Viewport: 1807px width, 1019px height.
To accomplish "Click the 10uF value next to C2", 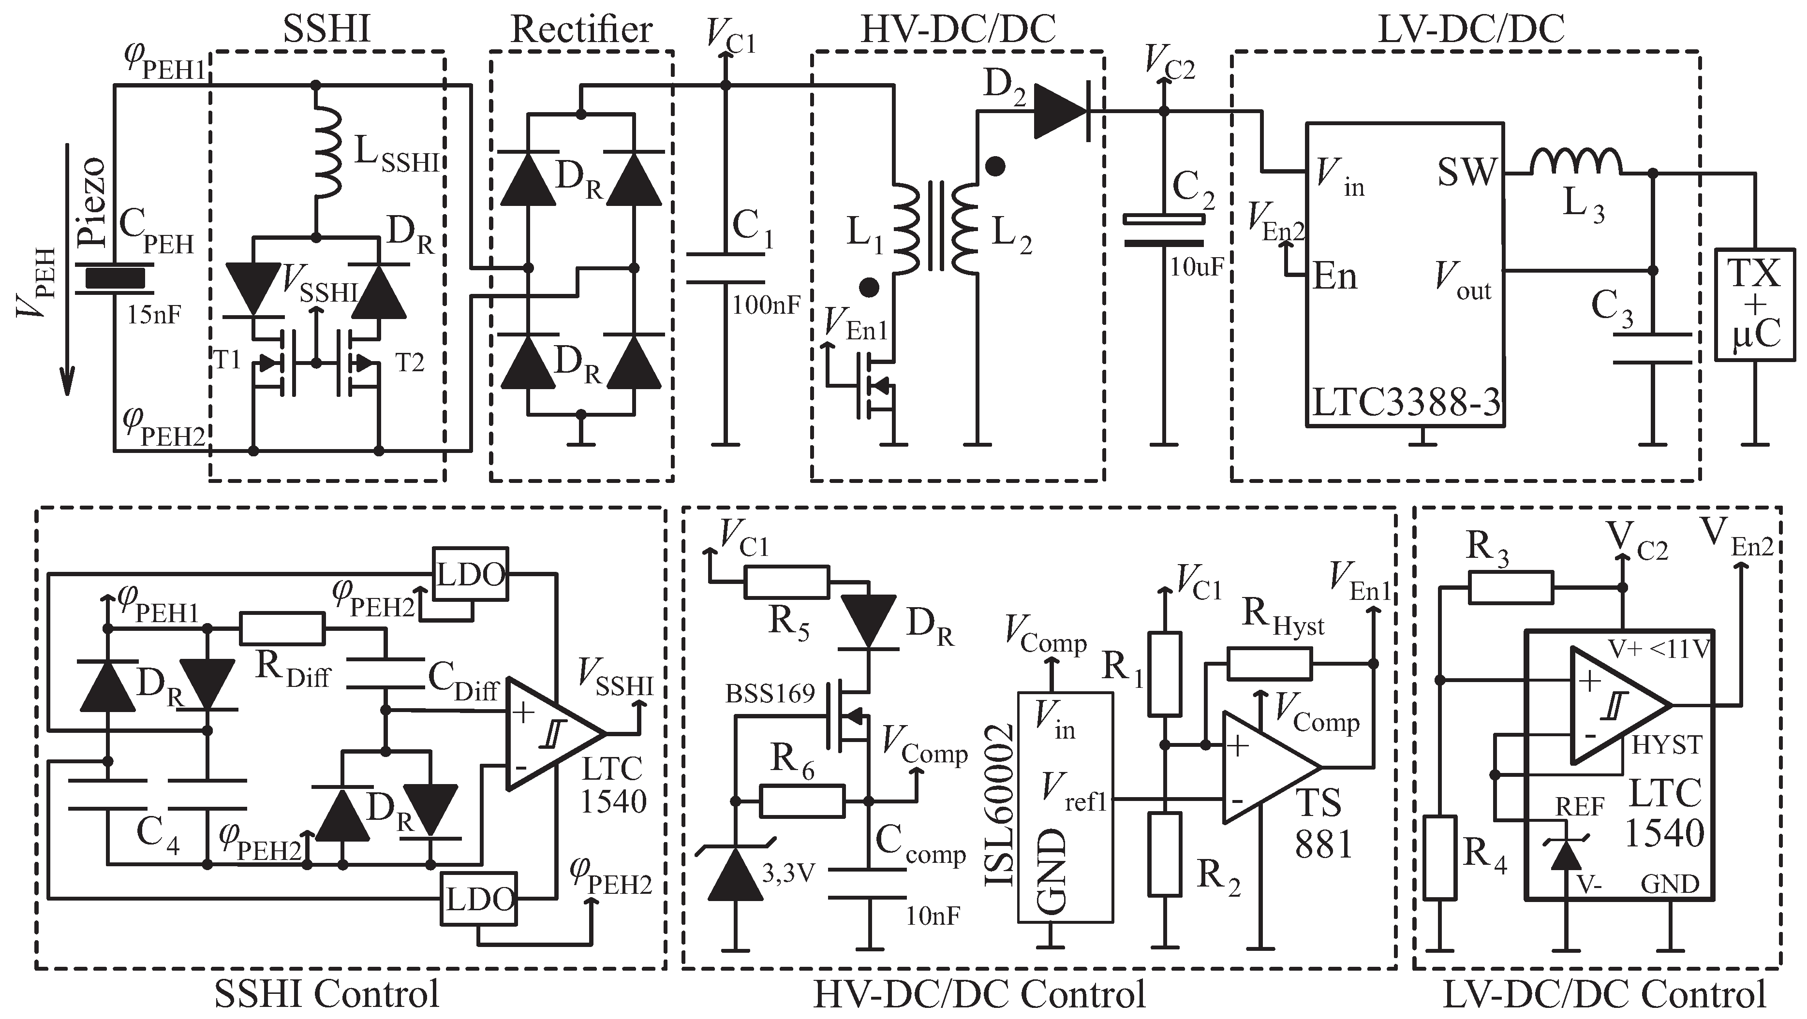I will click(x=1196, y=267).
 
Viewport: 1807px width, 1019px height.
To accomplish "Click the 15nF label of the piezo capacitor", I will click(x=154, y=314).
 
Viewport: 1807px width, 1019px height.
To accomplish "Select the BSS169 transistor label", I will click(x=770, y=694).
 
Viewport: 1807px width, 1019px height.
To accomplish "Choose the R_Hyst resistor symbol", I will click(x=1269, y=663).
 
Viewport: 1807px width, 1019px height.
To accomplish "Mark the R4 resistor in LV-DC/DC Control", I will click(x=1439, y=857).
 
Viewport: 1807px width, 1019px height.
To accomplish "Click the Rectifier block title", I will click(x=581, y=30).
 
